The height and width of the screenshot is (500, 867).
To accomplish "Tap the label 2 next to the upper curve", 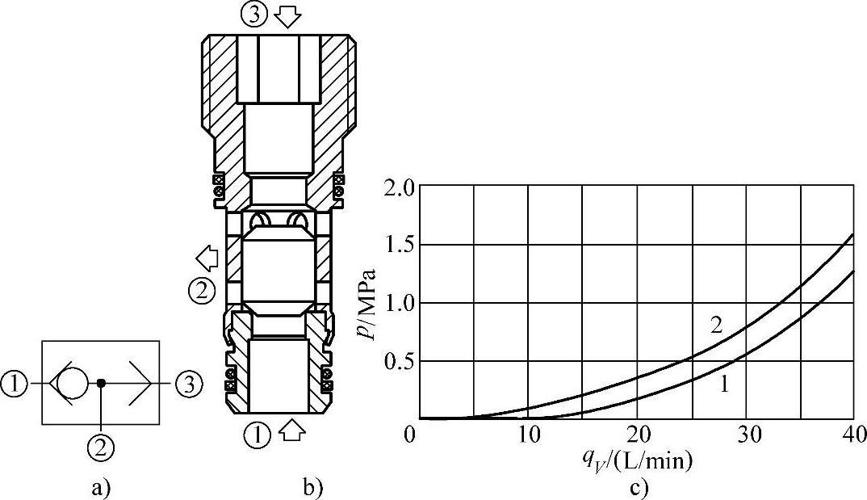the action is coord(716,326).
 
